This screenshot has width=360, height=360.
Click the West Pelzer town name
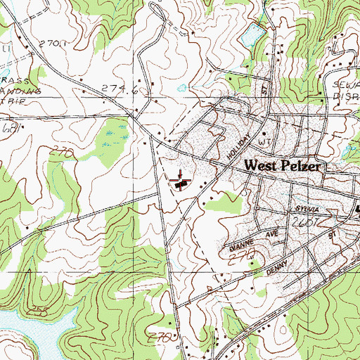(283, 167)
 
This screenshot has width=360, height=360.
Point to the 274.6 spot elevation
(117, 89)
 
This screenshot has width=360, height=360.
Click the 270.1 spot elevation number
(52, 44)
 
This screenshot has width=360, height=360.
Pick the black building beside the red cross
(182, 185)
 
